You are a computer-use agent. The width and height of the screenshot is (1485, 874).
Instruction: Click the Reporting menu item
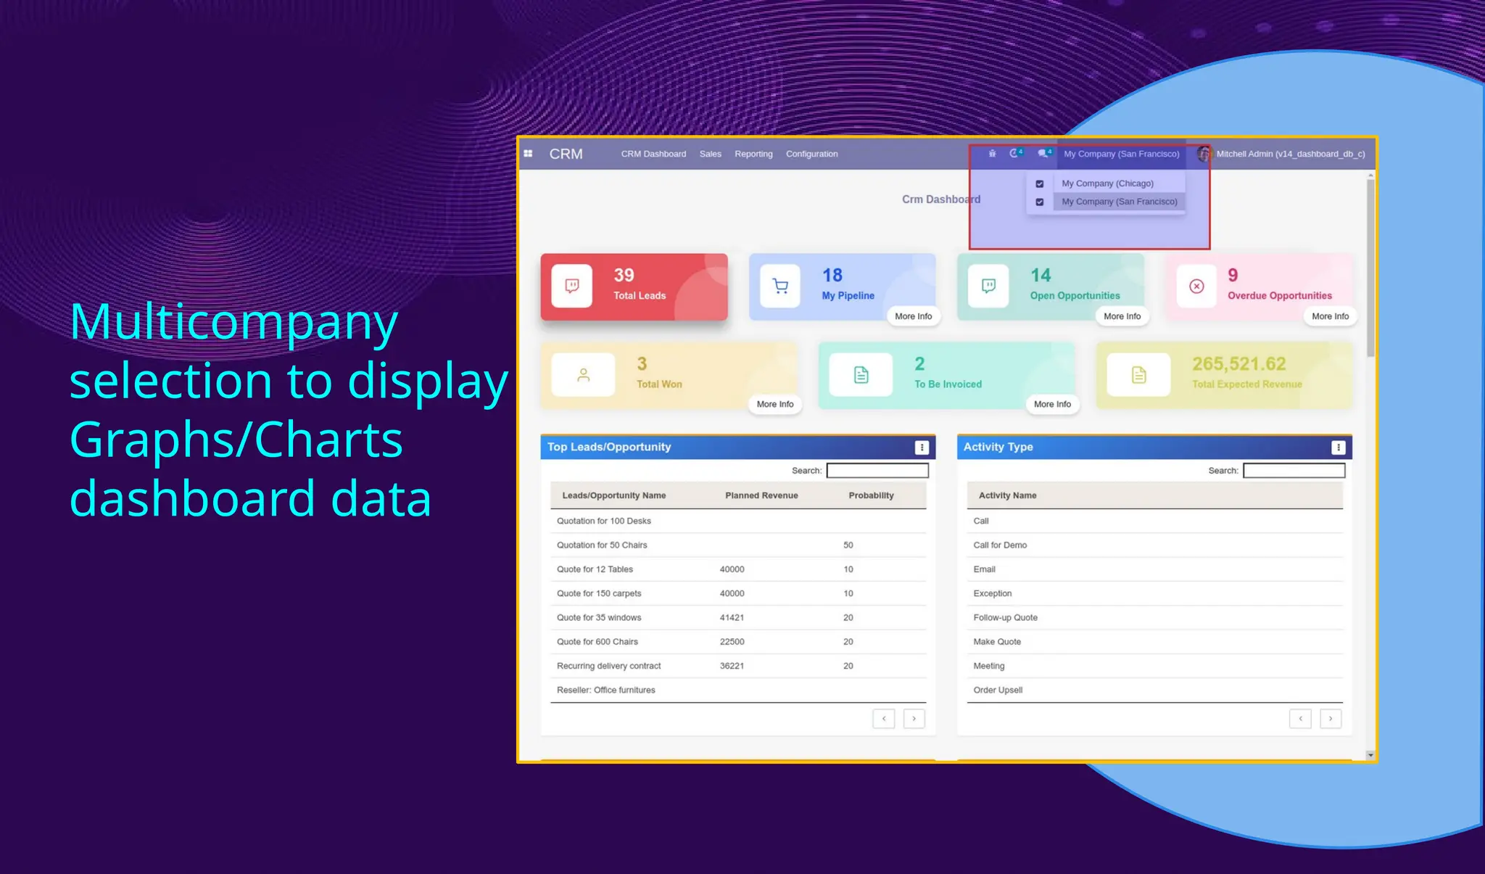click(x=753, y=154)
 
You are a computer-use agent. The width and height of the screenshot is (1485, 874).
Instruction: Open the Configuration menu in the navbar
click(x=811, y=154)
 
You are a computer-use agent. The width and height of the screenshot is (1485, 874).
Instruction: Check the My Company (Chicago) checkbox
click(x=1040, y=184)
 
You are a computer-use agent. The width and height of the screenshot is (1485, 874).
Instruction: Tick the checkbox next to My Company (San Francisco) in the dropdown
click(x=1040, y=202)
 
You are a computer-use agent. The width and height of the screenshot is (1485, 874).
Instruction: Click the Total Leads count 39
click(x=624, y=276)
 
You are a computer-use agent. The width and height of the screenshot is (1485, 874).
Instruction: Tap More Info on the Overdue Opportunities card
click(x=1330, y=316)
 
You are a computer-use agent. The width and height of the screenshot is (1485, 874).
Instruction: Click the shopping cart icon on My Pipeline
click(x=780, y=286)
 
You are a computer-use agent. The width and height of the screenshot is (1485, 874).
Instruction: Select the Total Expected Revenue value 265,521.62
click(x=1238, y=364)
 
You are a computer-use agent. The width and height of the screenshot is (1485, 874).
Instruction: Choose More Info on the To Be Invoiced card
click(x=1052, y=404)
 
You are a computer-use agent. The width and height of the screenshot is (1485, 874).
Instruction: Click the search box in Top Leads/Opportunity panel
click(x=877, y=471)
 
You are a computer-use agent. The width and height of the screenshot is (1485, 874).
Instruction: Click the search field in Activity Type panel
click(x=1294, y=471)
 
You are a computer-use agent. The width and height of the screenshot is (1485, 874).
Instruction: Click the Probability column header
click(x=871, y=495)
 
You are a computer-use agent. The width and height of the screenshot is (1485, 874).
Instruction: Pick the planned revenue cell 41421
click(x=732, y=618)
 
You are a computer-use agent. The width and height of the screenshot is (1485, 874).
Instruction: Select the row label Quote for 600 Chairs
click(x=597, y=642)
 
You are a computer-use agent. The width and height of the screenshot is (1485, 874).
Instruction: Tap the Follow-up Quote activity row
click(x=1005, y=618)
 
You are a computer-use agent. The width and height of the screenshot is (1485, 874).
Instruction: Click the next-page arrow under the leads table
click(x=914, y=719)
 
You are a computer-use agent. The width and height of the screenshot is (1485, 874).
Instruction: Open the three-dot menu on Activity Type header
click(x=1338, y=448)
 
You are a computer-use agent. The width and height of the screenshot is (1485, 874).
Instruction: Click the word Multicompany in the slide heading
click(x=233, y=321)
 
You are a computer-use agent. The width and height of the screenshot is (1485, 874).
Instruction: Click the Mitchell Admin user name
click(x=1290, y=154)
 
